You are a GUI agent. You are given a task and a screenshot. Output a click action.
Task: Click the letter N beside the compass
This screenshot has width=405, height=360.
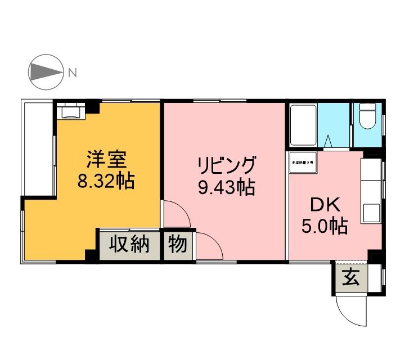pyautogui.click(x=72, y=72)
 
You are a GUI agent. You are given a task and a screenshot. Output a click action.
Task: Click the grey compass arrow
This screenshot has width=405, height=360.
pyautogui.click(x=46, y=73)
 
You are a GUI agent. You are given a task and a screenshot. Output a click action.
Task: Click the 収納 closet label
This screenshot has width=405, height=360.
pyautogui.click(x=129, y=245)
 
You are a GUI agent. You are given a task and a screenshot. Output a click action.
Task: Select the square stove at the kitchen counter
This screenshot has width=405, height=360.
pyautogui.click(x=372, y=213)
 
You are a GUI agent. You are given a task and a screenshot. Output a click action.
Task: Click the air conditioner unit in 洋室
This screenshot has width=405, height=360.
pyautogui.click(x=71, y=111)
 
